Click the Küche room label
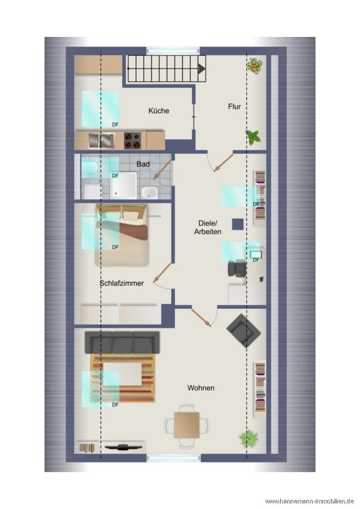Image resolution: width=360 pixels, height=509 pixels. click(158, 111)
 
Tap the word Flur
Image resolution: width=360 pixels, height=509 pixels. click(234, 106)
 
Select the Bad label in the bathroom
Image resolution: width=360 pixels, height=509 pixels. click(143, 164)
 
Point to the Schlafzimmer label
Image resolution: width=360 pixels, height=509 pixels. click(122, 283)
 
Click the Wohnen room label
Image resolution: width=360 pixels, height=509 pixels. click(201, 387)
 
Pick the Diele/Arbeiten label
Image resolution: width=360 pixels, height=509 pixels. click(208, 227)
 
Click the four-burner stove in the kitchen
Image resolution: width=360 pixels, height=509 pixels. click(132, 140)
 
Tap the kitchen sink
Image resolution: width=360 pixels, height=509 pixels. click(101, 140)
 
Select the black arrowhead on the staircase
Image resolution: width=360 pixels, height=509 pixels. click(202, 68)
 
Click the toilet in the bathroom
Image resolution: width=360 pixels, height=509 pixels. click(89, 168)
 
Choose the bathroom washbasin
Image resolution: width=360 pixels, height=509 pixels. click(149, 192)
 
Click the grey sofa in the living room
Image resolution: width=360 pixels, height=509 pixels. click(122, 343)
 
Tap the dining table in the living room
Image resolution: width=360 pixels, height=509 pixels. click(186, 425)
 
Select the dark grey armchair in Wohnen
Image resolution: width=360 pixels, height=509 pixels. click(244, 330)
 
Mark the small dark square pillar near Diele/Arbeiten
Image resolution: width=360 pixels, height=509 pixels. click(238, 224)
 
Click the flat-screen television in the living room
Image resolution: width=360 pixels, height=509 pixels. click(123, 447)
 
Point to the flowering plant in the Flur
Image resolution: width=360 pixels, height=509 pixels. click(254, 66)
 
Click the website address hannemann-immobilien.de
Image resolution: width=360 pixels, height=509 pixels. click(309, 501)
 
